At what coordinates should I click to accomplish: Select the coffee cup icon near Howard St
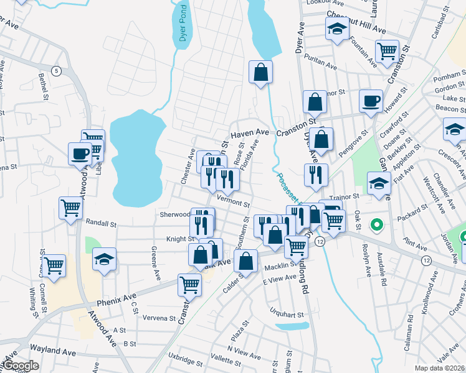click(371, 100)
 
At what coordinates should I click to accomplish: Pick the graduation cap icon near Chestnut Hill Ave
click(337, 29)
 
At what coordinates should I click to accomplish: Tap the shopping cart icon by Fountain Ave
click(387, 50)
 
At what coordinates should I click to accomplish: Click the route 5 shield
click(57, 70)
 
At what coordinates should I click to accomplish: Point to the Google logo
click(21, 366)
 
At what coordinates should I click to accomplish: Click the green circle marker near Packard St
click(376, 224)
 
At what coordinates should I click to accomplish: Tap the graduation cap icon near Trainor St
click(378, 183)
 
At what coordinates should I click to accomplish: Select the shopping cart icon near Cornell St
click(54, 265)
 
